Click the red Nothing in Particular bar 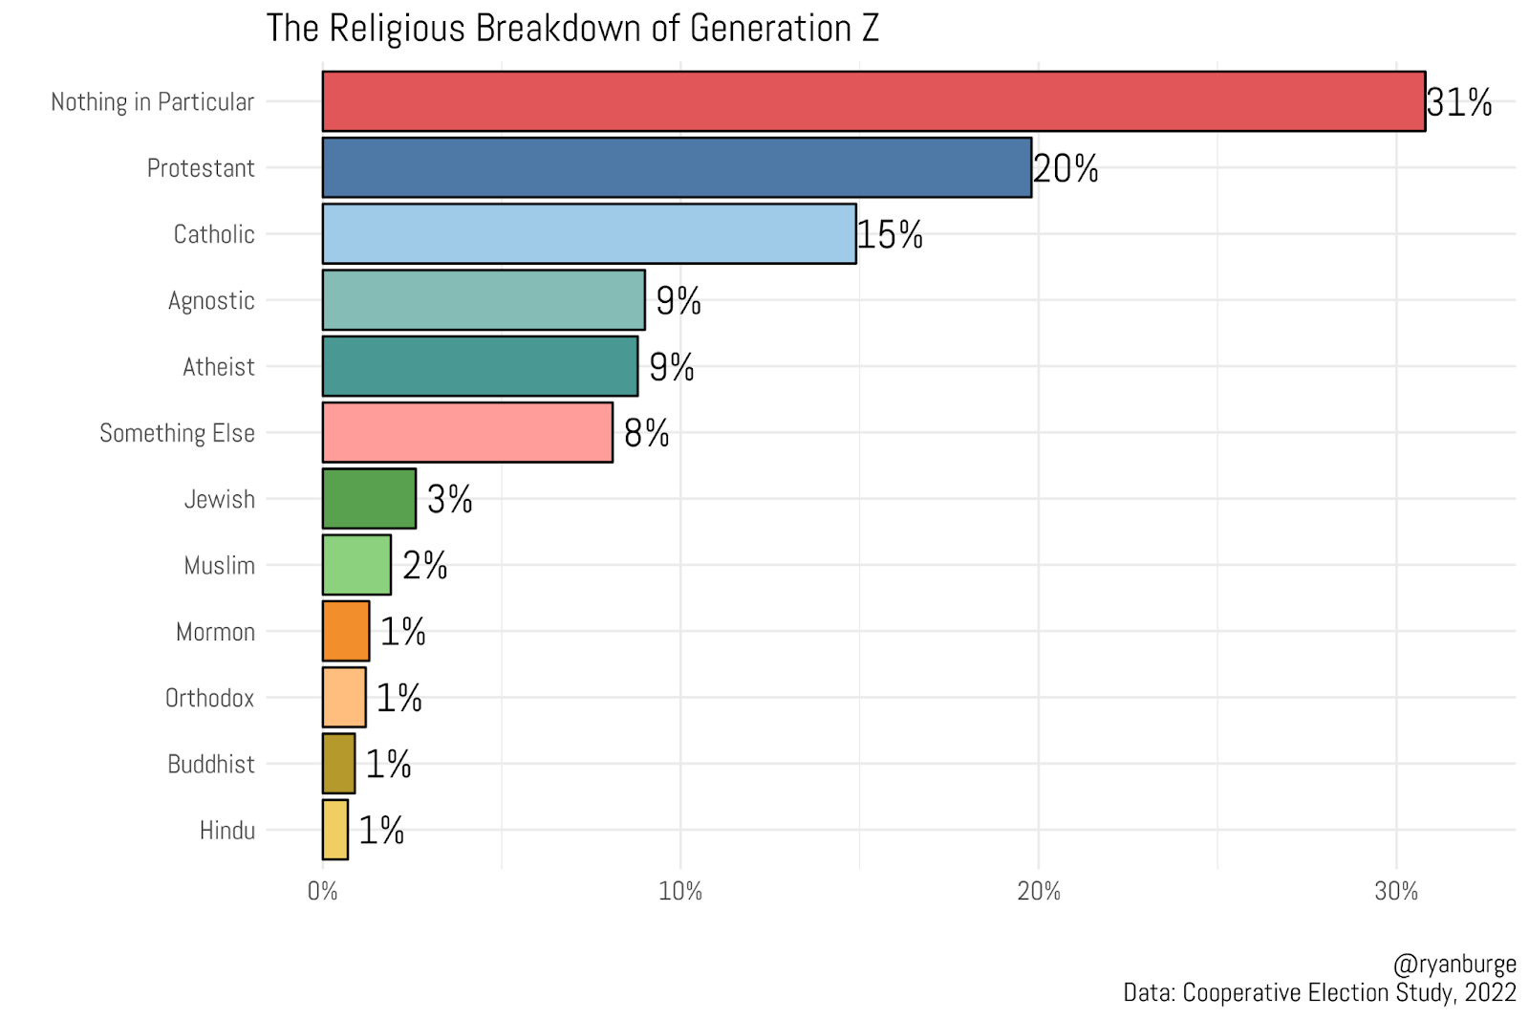(873, 101)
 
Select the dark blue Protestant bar (677, 167)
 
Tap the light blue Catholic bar (589, 233)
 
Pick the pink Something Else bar (467, 432)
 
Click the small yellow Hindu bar (335, 830)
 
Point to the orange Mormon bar (346, 631)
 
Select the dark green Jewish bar (369, 498)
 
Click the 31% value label (1458, 102)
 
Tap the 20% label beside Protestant (1066, 168)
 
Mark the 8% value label (646, 433)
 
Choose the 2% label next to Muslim (424, 565)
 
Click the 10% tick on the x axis (680, 892)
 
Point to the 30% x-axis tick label (1396, 892)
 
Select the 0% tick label (323, 892)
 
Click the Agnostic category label (211, 300)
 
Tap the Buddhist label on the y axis (211, 764)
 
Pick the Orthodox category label (209, 698)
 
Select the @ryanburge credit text (1454, 964)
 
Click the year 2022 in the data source (1490, 992)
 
